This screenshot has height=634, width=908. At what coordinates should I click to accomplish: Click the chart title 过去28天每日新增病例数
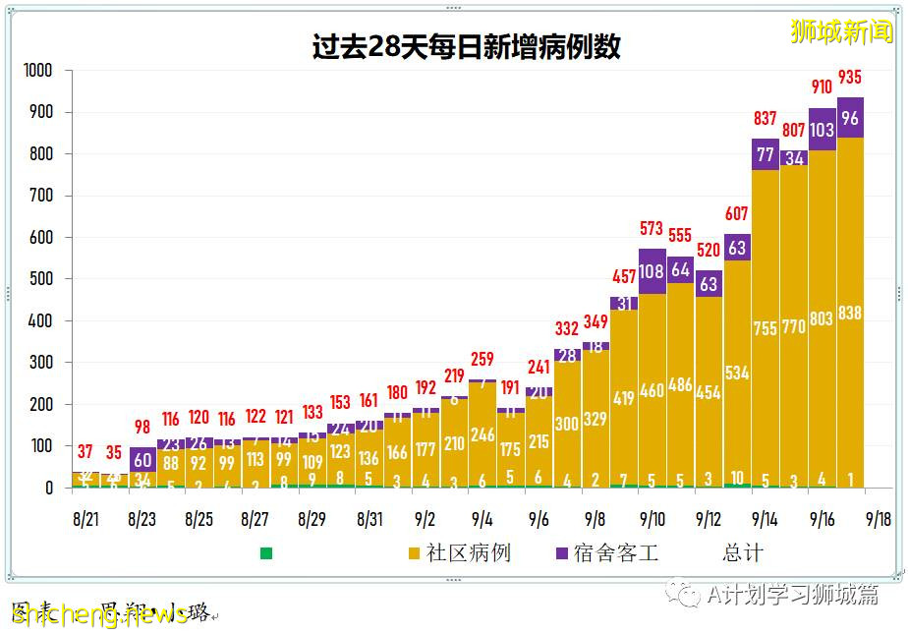466,46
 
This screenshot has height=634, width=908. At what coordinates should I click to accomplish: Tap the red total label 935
850,78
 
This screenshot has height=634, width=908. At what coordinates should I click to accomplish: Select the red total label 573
652,228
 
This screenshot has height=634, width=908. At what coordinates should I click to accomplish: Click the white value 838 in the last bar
850,314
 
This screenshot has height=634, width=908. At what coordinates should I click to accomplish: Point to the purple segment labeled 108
652,271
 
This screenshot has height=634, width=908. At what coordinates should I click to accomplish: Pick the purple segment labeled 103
822,129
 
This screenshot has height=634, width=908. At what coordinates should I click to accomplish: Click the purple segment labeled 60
142,460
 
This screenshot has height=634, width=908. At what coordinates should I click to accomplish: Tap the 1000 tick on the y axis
38,71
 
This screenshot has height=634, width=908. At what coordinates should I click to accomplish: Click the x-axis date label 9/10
652,518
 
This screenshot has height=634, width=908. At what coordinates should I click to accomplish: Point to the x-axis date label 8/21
85,518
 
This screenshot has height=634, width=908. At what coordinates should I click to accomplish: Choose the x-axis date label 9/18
879,518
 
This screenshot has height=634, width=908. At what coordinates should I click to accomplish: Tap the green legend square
266,553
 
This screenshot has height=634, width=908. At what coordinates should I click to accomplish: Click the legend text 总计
742,553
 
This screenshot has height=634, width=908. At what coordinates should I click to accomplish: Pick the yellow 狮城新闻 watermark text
842,31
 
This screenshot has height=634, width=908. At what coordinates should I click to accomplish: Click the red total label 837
765,119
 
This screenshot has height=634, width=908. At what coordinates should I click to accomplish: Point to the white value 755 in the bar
765,328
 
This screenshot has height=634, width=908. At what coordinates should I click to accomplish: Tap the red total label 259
482,360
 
